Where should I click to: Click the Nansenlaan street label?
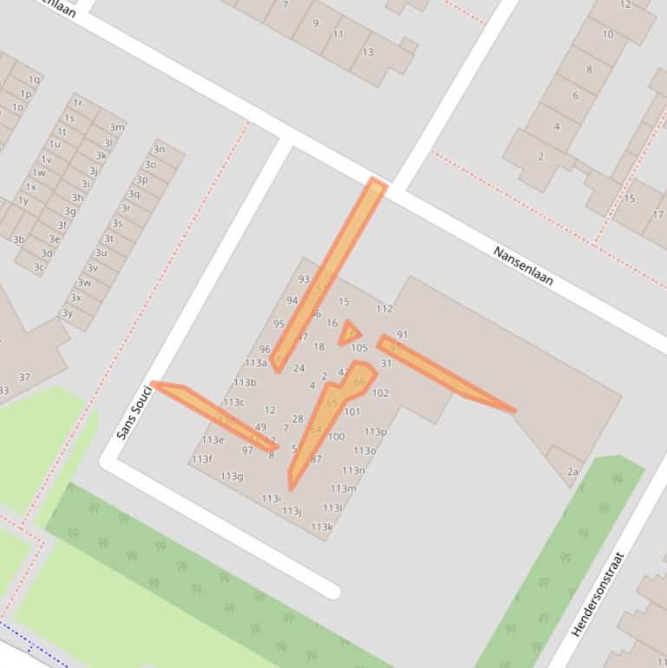coord(523,266)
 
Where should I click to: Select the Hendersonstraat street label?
coord(598,595)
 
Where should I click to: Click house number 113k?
coord(321,527)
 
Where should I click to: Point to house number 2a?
coord(572,472)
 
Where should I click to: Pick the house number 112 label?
coord(384,309)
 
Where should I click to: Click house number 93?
coord(304,279)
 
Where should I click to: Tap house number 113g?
coord(231,476)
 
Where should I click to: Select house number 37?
coord(24,377)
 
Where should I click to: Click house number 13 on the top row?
coord(368,52)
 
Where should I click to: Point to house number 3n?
coord(159,149)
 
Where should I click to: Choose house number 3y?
coord(67,313)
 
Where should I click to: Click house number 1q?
coord(34,79)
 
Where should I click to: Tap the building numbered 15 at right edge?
coord(630,199)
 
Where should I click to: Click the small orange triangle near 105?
coord(350,332)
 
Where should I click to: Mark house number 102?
coord(380,393)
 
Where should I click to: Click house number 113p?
coord(375,431)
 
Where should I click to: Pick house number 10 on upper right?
coord(607,35)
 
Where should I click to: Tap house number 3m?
coord(117,127)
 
